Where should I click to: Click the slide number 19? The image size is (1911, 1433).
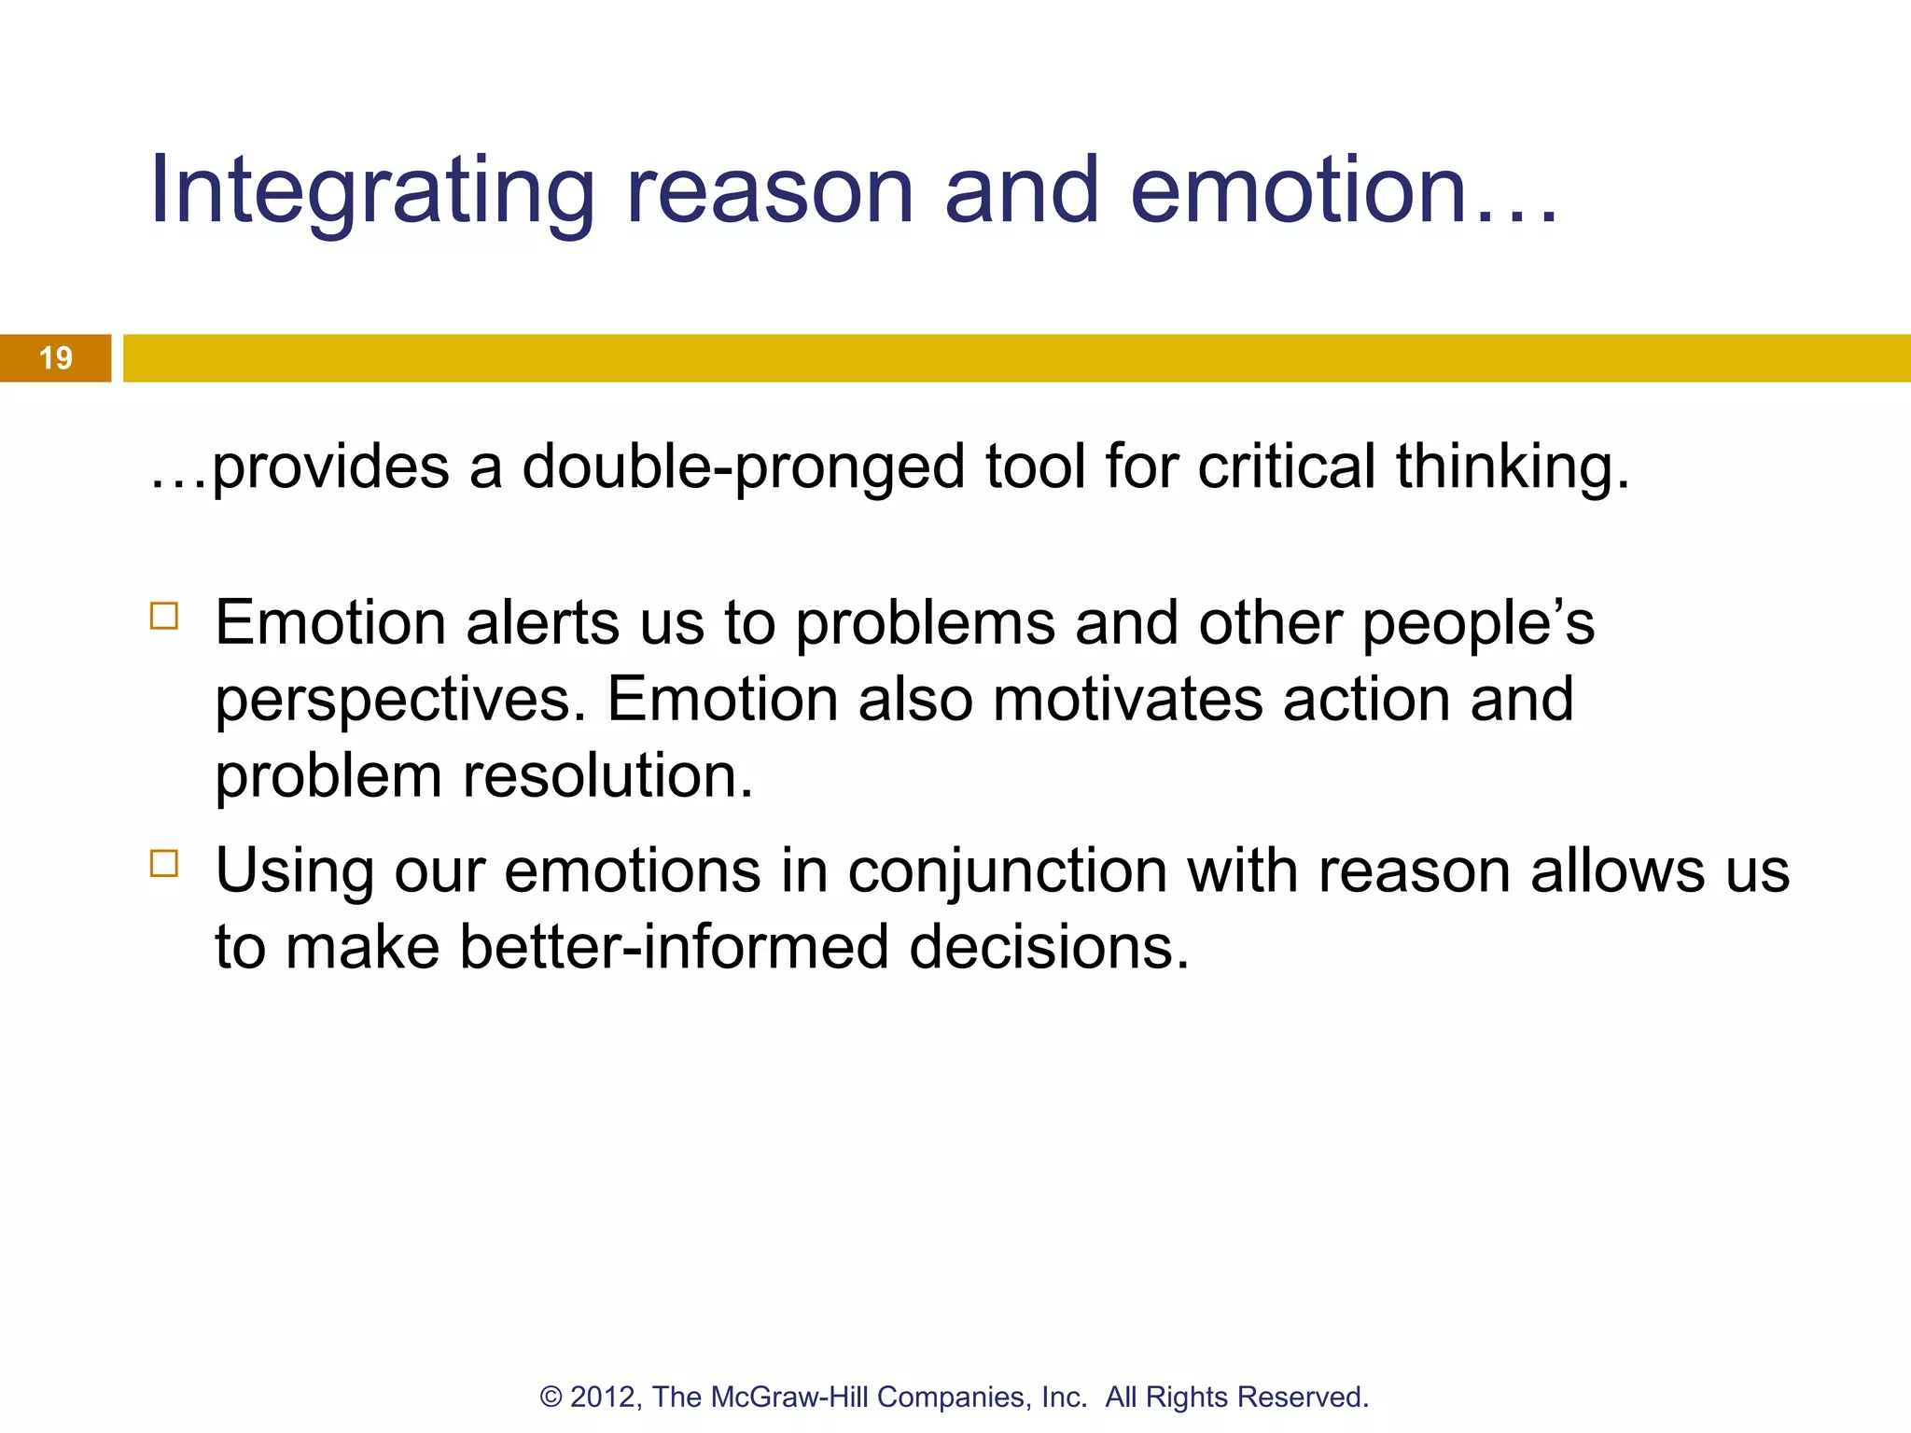pyautogui.click(x=56, y=358)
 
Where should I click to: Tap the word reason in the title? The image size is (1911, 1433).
pyautogui.click(x=769, y=191)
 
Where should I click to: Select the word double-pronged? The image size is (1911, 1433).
pyautogui.click(x=743, y=466)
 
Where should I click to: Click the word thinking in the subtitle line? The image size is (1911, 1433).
pyautogui.click(x=1512, y=466)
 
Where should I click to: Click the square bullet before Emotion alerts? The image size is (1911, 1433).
pyautogui.click(x=164, y=617)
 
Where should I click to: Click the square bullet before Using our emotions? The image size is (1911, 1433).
pyautogui.click(x=164, y=864)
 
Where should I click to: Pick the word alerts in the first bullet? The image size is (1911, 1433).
pyautogui.click(x=542, y=622)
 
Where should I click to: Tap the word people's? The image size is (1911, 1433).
pyautogui.click(x=1478, y=622)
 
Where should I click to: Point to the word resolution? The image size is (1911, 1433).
pyautogui.click(x=607, y=776)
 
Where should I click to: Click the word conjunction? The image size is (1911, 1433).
pyautogui.click(x=1008, y=871)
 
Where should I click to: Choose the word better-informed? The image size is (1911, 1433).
pyautogui.click(x=674, y=948)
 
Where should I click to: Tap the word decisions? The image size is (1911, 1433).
pyautogui.click(x=1049, y=948)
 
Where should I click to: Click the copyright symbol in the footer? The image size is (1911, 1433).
pyautogui.click(x=551, y=1398)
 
